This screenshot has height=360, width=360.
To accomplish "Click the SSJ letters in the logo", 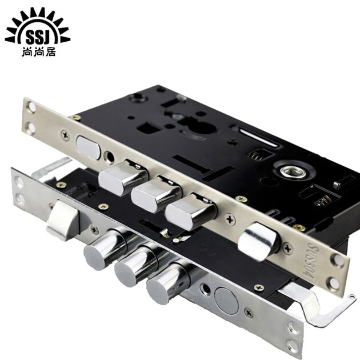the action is click(x=38, y=37).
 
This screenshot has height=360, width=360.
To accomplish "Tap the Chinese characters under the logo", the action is click(x=39, y=53).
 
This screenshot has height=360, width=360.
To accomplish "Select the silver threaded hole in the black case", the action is click(x=293, y=171).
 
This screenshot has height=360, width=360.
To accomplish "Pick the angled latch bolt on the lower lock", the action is click(x=62, y=221).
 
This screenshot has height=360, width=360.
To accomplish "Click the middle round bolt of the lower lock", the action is click(x=135, y=265).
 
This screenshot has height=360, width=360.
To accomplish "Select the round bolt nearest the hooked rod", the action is click(x=167, y=283).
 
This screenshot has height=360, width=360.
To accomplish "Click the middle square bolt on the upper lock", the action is click(x=156, y=194).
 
